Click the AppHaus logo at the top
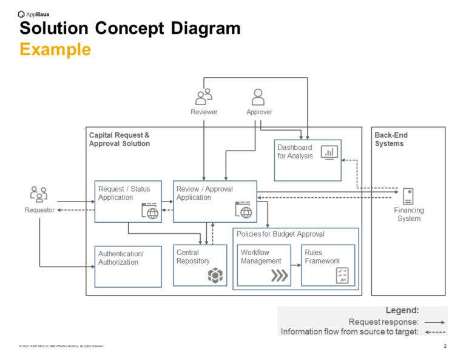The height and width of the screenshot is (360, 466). click(x=33, y=13)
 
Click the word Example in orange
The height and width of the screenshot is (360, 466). click(x=55, y=49)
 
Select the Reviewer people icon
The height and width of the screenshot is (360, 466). click(x=204, y=96)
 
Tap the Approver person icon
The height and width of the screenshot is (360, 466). click(x=258, y=97)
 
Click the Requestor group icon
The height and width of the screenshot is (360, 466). click(x=39, y=194)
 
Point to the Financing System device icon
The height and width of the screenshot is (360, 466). click(x=408, y=196)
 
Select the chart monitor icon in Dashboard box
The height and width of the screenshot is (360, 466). click(x=329, y=152)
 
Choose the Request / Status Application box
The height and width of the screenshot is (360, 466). click(x=128, y=201)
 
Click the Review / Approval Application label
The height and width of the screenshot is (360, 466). click(x=204, y=193)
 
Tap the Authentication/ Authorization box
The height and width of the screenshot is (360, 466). click(x=128, y=266)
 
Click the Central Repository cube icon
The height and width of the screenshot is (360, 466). click(x=215, y=275)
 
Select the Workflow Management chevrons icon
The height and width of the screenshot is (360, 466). click(x=279, y=276)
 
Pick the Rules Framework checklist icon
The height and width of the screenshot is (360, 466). click(x=343, y=275)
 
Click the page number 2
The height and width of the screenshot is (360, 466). click(x=445, y=346)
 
